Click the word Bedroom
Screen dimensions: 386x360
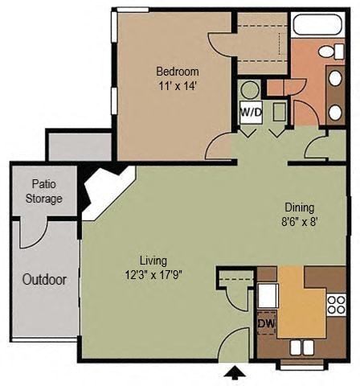click(178, 71)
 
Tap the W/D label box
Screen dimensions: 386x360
click(249, 113)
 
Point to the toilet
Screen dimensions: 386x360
click(327, 51)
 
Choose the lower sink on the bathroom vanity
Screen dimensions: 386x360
click(334, 110)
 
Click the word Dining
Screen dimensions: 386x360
click(299, 207)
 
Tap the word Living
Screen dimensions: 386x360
click(153, 261)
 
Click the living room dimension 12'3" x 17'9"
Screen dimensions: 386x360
click(153, 273)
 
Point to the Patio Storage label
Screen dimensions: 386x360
click(43, 191)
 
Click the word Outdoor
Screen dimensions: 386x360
click(44, 281)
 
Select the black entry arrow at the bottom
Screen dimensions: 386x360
click(234, 374)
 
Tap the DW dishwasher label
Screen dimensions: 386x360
click(264, 324)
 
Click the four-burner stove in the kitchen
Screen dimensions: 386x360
click(335, 304)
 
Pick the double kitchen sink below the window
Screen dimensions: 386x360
click(302, 347)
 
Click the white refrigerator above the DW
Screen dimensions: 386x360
click(266, 295)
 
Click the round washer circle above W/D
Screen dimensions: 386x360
click(249, 90)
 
